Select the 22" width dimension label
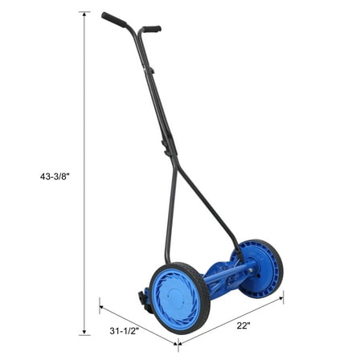242,325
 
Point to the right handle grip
150,29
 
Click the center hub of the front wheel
180,298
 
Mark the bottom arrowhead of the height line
84,331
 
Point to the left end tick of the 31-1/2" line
100,303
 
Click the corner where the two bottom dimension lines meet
178,344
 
